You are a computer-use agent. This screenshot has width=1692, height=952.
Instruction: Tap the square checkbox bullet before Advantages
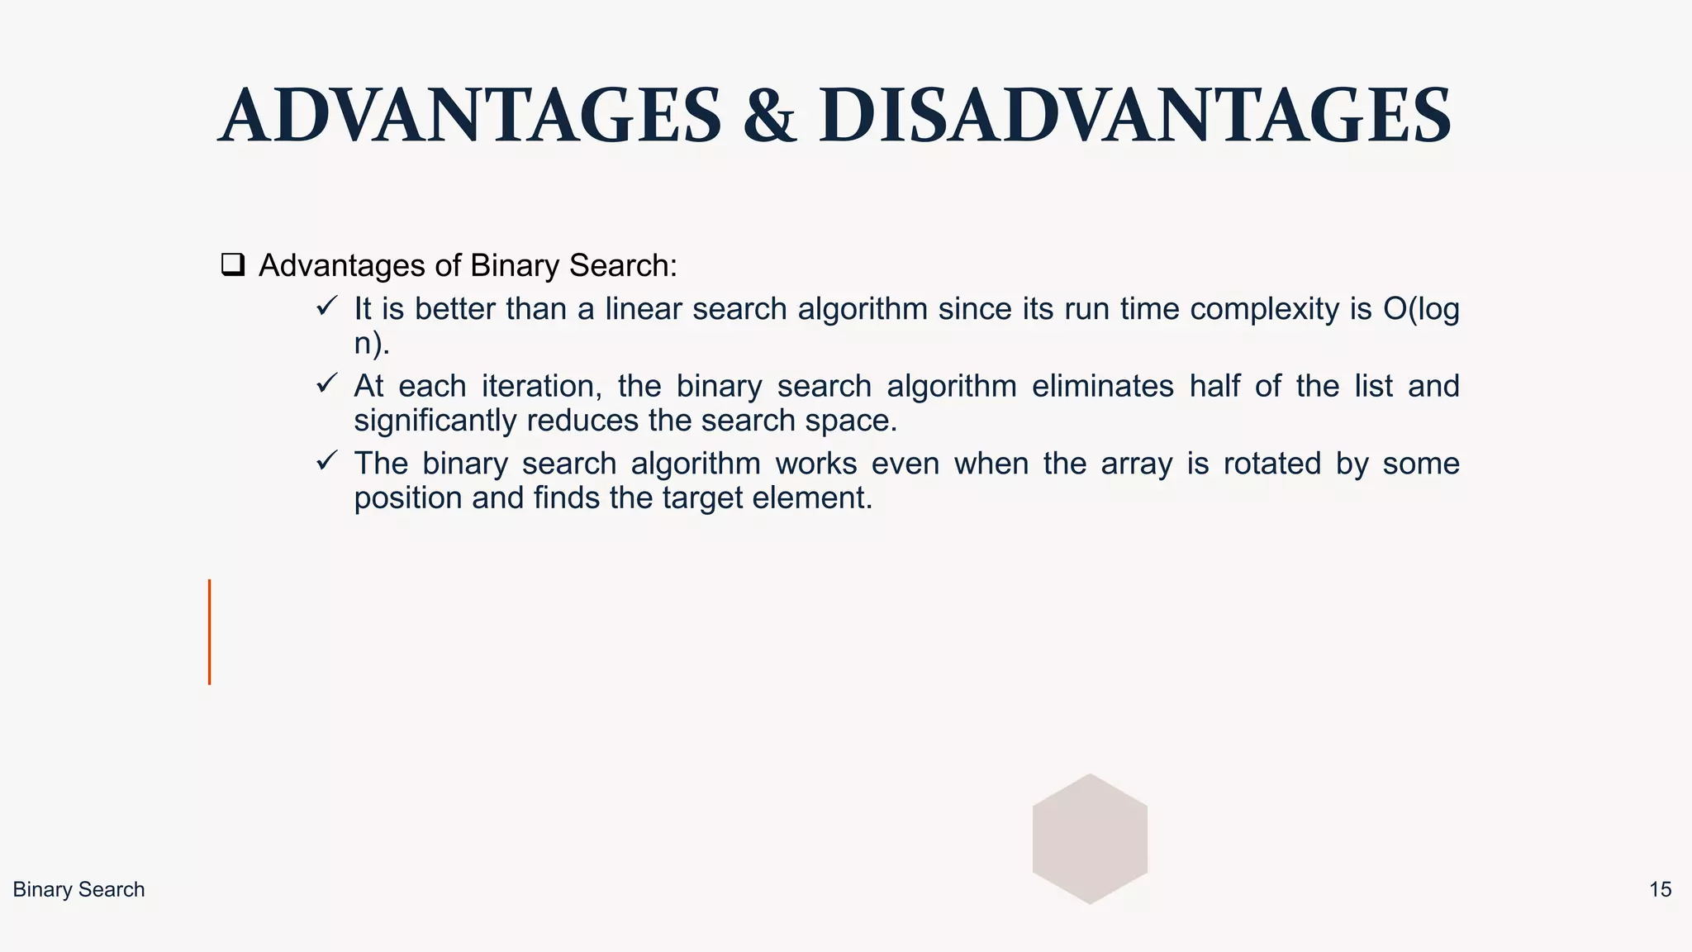tap(233, 265)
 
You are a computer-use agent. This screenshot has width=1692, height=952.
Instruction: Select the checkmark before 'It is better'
tap(326, 307)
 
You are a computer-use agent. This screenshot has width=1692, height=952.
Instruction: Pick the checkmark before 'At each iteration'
tap(326, 383)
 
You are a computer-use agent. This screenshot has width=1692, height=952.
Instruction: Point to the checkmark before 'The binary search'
tap(326, 460)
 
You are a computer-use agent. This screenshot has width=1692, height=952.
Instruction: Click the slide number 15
tap(1660, 890)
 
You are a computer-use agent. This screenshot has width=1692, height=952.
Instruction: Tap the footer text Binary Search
tap(78, 890)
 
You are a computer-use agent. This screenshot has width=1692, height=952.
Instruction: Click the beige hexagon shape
tap(1090, 839)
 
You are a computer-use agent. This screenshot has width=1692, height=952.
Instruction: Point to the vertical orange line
tap(210, 632)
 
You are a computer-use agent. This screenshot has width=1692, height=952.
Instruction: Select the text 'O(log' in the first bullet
tap(1421, 309)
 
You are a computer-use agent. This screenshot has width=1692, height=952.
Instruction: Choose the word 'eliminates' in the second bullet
tap(1102, 387)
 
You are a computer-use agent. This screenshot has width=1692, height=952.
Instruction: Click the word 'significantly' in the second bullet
tap(435, 421)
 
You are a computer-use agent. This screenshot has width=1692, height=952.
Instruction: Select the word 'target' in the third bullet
tap(701, 498)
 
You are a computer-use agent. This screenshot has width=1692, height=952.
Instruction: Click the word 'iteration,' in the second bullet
tap(542, 387)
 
